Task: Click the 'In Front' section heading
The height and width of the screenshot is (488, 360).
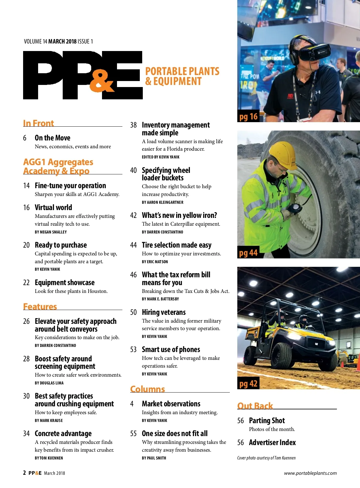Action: click(x=38, y=123)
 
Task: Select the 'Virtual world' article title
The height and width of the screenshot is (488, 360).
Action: click(x=53, y=207)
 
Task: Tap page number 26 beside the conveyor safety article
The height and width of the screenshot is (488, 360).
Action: click(x=26, y=321)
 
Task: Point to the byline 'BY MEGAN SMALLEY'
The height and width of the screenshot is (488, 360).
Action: click(x=51, y=232)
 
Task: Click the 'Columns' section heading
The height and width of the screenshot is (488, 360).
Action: click(x=147, y=389)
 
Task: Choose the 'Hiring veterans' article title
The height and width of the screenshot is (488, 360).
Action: click(x=163, y=312)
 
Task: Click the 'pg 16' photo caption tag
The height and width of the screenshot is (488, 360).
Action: click(x=248, y=116)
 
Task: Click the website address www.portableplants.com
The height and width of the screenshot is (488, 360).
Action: click(x=310, y=473)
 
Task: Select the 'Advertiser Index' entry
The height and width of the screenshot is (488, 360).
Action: click(x=272, y=442)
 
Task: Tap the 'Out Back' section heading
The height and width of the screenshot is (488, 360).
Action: click(x=255, y=406)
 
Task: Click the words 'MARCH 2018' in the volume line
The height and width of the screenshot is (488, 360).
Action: click(x=62, y=41)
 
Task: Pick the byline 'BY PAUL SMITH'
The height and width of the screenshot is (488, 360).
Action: click(x=154, y=458)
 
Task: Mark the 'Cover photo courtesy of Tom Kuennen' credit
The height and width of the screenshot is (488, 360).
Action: click(x=266, y=458)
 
